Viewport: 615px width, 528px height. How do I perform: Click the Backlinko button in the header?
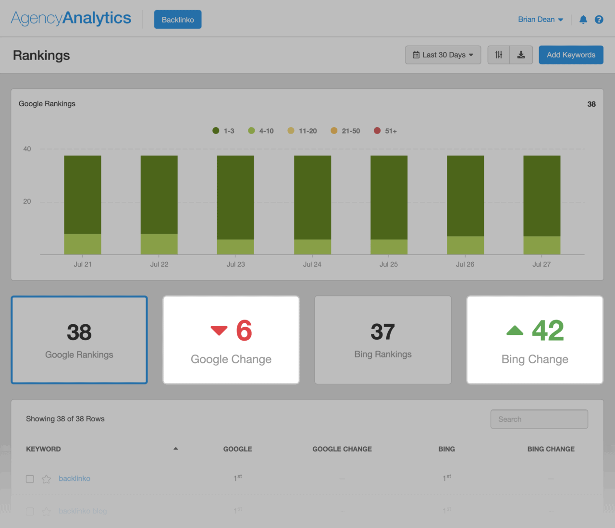(178, 20)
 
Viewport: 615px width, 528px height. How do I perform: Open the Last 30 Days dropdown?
(443, 55)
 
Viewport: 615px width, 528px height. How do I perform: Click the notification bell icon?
(583, 20)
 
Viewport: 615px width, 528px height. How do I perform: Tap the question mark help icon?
(599, 20)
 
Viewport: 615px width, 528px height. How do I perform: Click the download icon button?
(521, 55)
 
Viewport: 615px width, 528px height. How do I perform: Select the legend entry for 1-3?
(223, 131)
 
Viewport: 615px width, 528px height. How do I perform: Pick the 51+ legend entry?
(385, 131)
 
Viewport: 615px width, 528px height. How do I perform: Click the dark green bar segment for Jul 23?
(235, 197)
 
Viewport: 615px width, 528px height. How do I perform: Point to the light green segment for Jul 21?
(83, 244)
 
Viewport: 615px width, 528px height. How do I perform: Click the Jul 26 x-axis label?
(465, 264)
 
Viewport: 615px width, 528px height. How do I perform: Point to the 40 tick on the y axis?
(27, 149)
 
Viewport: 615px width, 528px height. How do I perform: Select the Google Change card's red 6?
(244, 331)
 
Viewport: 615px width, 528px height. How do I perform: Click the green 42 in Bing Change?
(547, 331)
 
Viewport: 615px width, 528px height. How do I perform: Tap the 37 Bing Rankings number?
(382, 332)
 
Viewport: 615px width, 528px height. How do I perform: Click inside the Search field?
(539, 419)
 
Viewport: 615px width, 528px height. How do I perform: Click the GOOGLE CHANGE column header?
(342, 449)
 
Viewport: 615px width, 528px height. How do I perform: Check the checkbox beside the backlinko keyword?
(30, 479)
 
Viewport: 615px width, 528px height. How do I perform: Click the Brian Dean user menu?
(540, 20)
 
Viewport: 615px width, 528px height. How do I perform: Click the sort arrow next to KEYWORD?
(176, 449)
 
